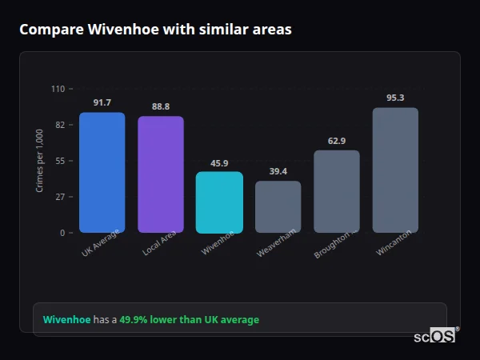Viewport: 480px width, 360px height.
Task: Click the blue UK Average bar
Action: [102, 173]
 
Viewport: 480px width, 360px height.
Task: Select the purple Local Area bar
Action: [161, 174]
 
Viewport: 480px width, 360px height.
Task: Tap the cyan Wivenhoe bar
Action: [219, 202]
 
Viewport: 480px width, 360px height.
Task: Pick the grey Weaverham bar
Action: [278, 206]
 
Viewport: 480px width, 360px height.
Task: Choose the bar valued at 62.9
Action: [337, 191]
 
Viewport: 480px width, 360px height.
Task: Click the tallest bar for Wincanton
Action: [395, 170]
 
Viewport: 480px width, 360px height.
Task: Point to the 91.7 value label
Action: [102, 102]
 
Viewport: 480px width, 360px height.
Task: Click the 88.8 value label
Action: [161, 106]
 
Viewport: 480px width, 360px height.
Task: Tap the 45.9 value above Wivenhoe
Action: [219, 162]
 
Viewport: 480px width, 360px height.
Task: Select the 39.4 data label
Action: [278, 171]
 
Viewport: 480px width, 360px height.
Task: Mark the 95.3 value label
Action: [395, 98]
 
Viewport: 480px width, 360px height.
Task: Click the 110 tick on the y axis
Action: [58, 89]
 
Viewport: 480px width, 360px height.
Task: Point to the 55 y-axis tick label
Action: [59, 161]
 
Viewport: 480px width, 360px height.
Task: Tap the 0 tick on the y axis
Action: [62, 233]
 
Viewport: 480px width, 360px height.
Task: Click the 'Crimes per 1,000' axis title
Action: [40, 161]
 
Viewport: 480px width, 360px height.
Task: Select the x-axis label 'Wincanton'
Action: [394, 242]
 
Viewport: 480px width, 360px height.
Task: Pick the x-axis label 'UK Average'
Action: [100, 244]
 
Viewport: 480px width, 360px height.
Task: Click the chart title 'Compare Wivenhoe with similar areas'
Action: [155, 30]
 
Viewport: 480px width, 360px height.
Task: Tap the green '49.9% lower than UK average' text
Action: [189, 320]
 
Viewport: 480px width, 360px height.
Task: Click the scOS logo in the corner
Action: [435, 336]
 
